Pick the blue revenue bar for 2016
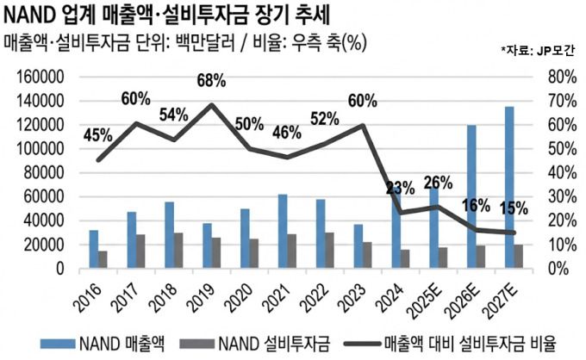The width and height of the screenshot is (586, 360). click(x=93, y=249)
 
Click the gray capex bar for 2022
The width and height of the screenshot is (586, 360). click(x=328, y=250)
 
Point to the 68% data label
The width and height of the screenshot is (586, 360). click(x=210, y=81)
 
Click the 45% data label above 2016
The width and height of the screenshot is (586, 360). click(x=97, y=134)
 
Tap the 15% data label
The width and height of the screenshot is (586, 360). click(x=514, y=208)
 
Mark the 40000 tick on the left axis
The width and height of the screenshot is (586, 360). click(x=41, y=220)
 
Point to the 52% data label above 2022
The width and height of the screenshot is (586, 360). click(x=325, y=119)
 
